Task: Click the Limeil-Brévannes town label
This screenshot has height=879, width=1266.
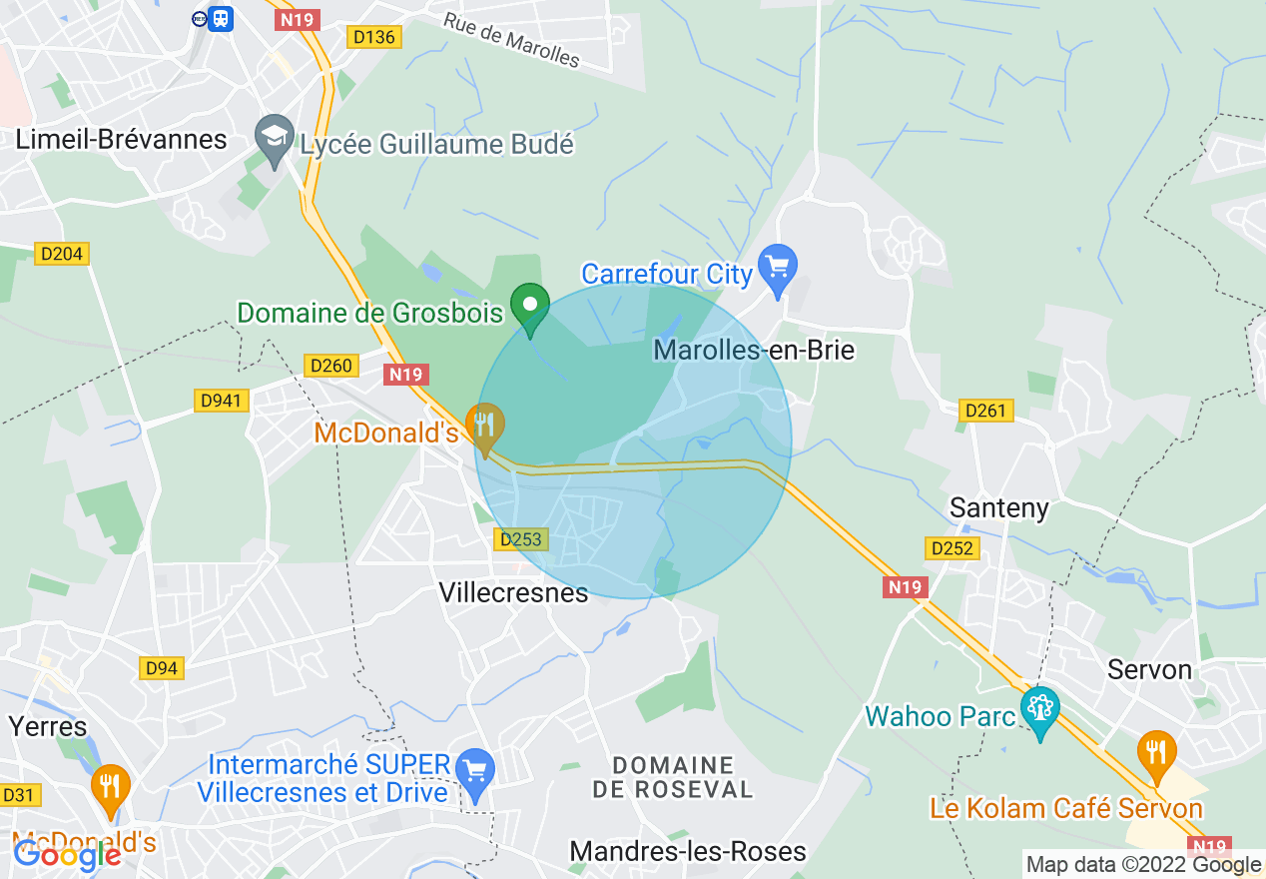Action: click(121, 139)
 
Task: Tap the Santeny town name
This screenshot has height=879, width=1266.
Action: click(999, 507)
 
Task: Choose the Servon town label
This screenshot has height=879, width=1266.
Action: click(1149, 669)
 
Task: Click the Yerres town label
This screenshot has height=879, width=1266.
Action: click(48, 726)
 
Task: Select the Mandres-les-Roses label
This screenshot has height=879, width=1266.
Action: click(688, 851)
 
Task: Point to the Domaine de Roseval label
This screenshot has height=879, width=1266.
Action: click(674, 777)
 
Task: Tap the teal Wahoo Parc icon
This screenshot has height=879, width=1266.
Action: click(1040, 711)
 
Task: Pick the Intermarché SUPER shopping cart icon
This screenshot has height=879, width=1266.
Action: click(474, 771)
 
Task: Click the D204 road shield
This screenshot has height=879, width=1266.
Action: click(61, 255)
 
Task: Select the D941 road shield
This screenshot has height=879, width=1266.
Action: click(221, 401)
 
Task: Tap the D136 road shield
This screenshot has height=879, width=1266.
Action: click(373, 37)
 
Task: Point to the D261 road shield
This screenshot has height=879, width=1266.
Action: click(986, 411)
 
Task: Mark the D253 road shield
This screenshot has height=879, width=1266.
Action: click(520, 539)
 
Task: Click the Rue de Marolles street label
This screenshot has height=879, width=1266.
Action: click(510, 41)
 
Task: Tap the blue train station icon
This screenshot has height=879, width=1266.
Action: click(221, 18)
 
